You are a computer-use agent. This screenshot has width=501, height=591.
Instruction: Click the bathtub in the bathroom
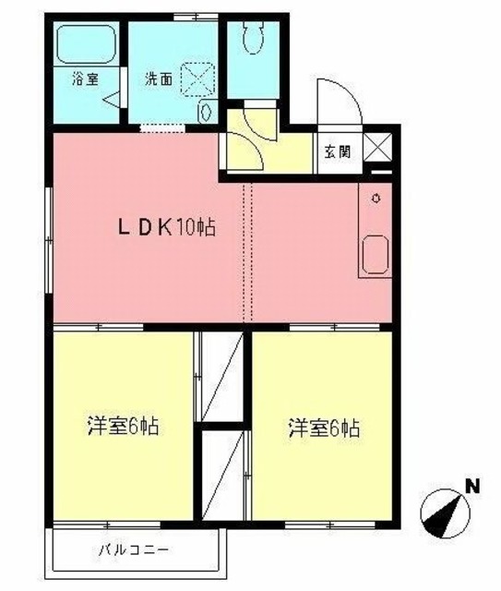tap(85, 44)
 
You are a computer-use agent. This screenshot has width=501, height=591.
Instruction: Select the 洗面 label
tap(158, 79)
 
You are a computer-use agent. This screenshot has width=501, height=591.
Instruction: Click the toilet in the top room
tap(252, 36)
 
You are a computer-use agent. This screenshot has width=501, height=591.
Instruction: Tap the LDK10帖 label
tap(165, 227)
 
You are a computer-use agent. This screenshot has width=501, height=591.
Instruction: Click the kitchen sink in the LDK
tap(376, 254)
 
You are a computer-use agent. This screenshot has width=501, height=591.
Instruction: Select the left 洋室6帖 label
tap(124, 427)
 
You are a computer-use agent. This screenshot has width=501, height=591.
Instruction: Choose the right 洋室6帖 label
tap(323, 428)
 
